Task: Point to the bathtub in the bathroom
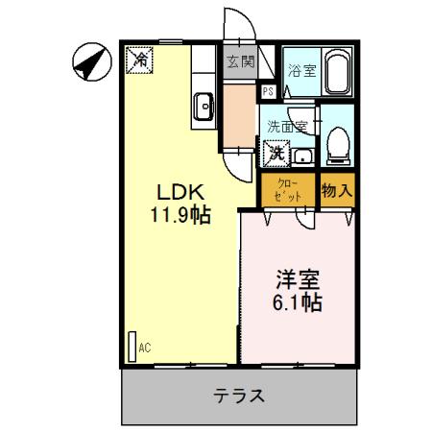coord(337,73)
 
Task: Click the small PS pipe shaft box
coord(268,90)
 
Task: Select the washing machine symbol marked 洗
coord(276,151)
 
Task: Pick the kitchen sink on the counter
coord(204,106)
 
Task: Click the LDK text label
coord(179,190)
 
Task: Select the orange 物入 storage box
coord(336,190)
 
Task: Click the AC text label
coord(146,348)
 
